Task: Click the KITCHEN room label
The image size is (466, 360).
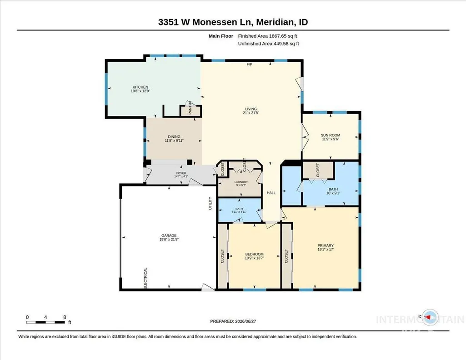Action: pyautogui.click(x=140, y=87)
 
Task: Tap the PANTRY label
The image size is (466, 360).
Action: pyautogui.click(x=190, y=108)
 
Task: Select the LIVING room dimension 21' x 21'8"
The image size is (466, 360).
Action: pyautogui.click(x=251, y=113)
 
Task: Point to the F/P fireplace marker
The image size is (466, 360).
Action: pyautogui.click(x=249, y=64)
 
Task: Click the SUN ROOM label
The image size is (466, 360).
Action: pyautogui.click(x=331, y=135)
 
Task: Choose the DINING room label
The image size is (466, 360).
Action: pyautogui.click(x=174, y=137)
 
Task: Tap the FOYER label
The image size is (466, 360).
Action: pyautogui.click(x=181, y=173)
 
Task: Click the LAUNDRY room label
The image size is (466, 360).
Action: pyautogui.click(x=241, y=182)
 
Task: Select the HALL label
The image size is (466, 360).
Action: pyautogui.click(x=271, y=193)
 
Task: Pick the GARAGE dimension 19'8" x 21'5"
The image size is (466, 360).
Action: pyautogui.click(x=169, y=240)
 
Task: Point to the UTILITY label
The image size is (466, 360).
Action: pyautogui.click(x=210, y=204)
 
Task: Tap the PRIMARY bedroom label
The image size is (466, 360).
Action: pyautogui.click(x=326, y=245)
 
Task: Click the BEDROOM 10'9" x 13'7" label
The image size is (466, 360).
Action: pyautogui.click(x=255, y=256)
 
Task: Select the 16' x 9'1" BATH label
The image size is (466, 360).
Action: pyautogui.click(x=333, y=191)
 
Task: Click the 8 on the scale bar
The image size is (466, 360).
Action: pyautogui.click(x=65, y=317)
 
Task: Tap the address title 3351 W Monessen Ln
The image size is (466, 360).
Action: pyautogui.click(x=205, y=22)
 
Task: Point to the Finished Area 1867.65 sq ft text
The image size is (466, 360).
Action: pyautogui.click(x=267, y=36)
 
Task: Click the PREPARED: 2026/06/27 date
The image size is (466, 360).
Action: pyautogui.click(x=233, y=321)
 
